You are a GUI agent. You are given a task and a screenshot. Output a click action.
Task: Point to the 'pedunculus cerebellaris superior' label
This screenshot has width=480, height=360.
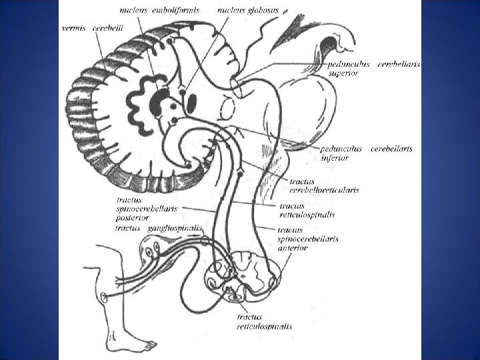point(366,68)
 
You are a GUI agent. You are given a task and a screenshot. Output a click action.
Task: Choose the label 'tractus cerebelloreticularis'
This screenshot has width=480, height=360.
point(324,185)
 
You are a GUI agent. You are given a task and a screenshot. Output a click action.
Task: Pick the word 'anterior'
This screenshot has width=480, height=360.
point(292,247)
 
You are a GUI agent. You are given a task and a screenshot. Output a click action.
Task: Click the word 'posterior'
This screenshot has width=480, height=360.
point(131,217)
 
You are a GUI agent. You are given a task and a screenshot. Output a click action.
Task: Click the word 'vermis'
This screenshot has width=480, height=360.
point(73,29)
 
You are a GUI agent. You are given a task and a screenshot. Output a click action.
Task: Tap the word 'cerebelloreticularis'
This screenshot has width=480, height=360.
point(324,190)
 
